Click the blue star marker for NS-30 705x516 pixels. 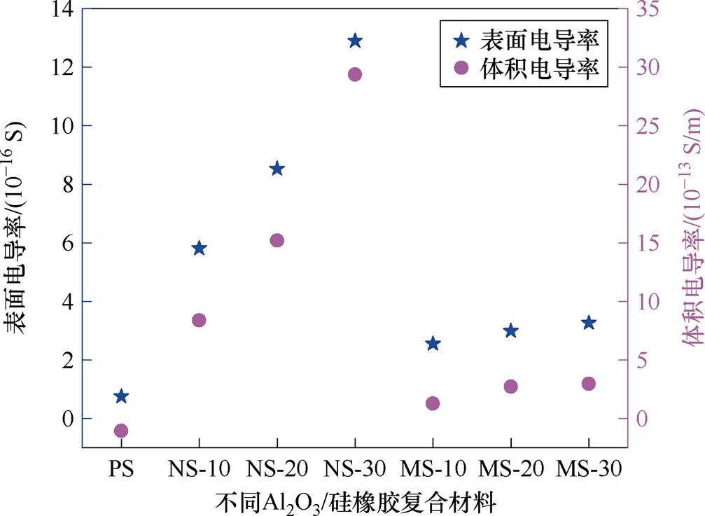pos(355,41)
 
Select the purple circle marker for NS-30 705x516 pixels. pos(355,74)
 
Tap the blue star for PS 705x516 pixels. pos(121,396)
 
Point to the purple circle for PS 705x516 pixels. pos(121,431)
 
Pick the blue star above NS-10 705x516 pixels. pos(199,249)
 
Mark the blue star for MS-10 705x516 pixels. pos(433,324)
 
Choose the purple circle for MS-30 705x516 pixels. pos(588,384)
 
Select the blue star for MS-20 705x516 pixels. pos(510,311)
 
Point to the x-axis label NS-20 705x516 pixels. pos(277,468)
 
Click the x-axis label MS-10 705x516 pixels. pos(433,468)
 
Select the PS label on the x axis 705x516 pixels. pos(121,468)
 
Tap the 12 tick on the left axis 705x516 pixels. pos(57,67)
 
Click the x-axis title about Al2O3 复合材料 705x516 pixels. pos(355,501)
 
